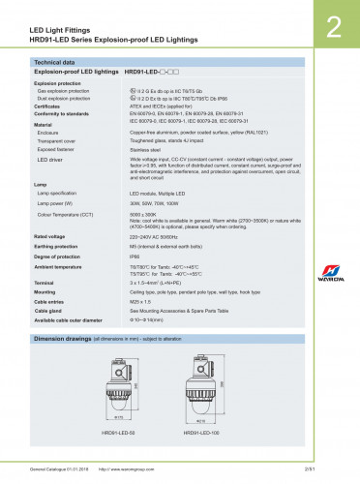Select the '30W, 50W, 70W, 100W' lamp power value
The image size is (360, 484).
[x=158, y=204]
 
